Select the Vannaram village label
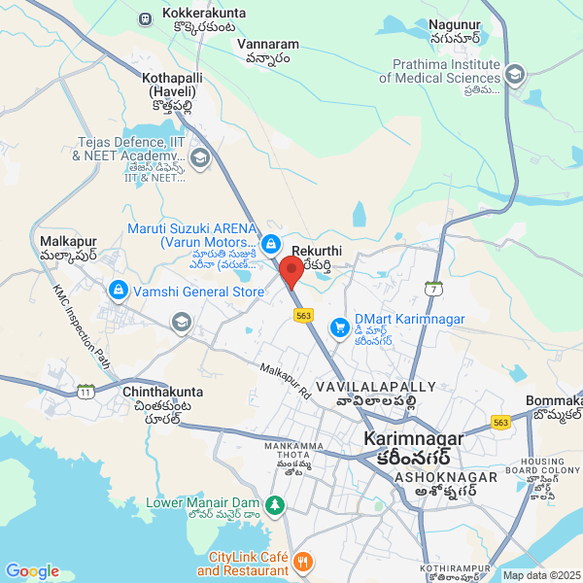click(268, 45)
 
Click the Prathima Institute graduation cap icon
click(515, 73)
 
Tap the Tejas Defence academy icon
click(200, 157)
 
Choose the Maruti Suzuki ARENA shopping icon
click(273, 242)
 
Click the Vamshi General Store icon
click(118, 291)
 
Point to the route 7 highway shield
click(433, 289)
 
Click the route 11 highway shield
click(86, 392)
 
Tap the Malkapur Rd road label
click(284, 382)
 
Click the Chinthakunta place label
click(163, 392)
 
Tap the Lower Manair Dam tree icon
click(276, 504)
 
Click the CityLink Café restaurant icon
click(302, 563)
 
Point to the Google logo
click(32, 571)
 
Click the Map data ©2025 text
click(541, 575)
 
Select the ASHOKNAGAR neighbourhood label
click(437, 478)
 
